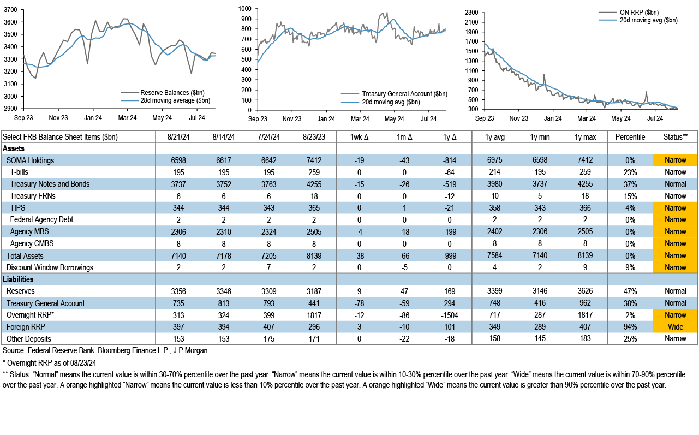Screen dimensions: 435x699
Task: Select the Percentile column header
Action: (630, 136)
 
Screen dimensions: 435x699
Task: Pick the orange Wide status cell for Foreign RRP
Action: (675, 327)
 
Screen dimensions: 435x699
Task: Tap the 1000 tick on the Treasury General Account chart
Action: (243, 9)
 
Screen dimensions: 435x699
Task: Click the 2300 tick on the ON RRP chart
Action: (471, 12)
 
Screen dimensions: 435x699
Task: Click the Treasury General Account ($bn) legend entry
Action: (404, 94)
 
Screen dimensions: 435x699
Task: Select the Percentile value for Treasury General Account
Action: (630, 303)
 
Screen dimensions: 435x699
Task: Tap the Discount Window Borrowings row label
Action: (50, 267)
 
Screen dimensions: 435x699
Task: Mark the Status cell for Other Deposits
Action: (675, 338)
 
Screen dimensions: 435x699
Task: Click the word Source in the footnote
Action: (14, 350)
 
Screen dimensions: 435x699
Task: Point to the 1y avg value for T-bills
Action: (495, 172)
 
